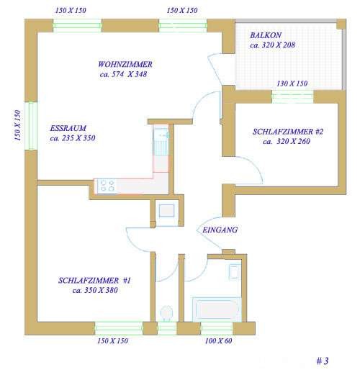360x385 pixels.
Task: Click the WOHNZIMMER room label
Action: point(125,64)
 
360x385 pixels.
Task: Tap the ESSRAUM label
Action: point(68,128)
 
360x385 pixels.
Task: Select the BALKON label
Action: point(266,35)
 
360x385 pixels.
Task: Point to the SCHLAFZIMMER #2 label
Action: point(288,132)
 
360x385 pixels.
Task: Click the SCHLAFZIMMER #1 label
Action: point(94,281)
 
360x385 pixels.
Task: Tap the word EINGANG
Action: point(220,230)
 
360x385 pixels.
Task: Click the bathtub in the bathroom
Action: point(217,309)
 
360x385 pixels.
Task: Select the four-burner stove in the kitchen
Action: point(107,186)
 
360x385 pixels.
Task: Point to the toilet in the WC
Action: point(166,314)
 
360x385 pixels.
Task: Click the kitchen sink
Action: point(161,141)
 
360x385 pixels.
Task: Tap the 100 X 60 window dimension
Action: point(218,341)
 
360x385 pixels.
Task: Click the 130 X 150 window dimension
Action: point(292,83)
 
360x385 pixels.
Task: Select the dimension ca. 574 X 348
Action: point(123,74)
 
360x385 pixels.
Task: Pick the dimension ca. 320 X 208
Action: point(272,45)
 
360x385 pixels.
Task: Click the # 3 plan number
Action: point(322,361)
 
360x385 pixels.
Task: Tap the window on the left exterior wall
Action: point(31,126)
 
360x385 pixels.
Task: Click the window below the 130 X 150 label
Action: point(292,96)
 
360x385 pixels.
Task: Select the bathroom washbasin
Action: point(234,272)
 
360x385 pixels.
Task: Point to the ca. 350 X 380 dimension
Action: point(95,290)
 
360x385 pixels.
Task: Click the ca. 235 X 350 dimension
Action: point(73,138)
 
